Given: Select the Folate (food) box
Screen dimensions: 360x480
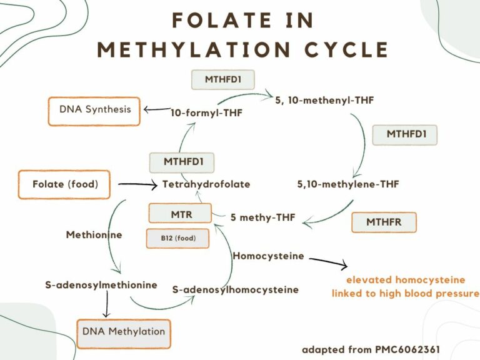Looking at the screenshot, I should pyautogui.click(x=65, y=184).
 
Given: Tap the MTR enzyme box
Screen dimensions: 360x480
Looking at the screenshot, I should pyautogui.click(x=180, y=214).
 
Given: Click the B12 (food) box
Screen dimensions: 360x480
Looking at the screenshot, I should pyautogui.click(x=177, y=238).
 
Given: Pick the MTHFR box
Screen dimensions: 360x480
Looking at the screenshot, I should pyautogui.click(x=384, y=222).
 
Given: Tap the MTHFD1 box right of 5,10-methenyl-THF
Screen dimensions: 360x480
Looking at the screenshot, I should pyautogui.click(x=404, y=134).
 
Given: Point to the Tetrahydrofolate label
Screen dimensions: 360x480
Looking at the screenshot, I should pyautogui.click(x=206, y=184).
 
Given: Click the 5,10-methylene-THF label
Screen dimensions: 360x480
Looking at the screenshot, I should pyautogui.click(x=348, y=184).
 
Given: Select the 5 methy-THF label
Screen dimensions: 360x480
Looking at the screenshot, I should pyautogui.click(x=262, y=218).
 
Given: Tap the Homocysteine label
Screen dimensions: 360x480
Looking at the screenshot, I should pyautogui.click(x=268, y=256).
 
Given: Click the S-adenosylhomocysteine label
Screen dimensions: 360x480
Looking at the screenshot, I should pyautogui.click(x=235, y=289).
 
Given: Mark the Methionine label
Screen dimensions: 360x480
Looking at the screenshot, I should pyautogui.click(x=94, y=235).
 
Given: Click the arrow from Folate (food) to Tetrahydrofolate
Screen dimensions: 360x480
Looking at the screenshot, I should pyautogui.click(x=136, y=184).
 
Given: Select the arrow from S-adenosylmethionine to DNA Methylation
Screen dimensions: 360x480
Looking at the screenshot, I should pyautogui.click(x=106, y=306).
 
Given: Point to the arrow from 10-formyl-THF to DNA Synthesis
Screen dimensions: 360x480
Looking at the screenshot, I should pyautogui.click(x=156, y=110).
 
